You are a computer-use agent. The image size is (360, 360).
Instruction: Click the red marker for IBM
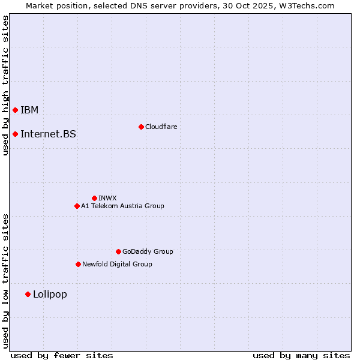click(15, 110)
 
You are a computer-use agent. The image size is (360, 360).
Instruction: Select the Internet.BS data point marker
click(15, 134)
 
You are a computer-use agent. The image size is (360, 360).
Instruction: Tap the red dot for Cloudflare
click(141, 127)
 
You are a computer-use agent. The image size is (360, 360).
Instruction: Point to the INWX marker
click(94, 198)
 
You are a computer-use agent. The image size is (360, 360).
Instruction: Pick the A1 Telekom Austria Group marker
click(77, 206)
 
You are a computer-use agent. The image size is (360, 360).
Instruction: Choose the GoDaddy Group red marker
click(118, 251)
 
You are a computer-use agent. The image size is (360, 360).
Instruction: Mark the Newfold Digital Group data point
click(78, 264)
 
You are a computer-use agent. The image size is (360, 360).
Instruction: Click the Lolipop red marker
click(28, 294)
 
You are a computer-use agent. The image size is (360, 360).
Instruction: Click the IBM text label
click(29, 110)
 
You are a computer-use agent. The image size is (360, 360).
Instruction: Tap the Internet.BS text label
click(48, 134)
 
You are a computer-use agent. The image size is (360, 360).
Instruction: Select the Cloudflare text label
click(161, 127)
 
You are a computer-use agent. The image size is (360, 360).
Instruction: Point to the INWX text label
click(107, 198)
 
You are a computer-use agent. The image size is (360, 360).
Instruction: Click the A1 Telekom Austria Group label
click(122, 206)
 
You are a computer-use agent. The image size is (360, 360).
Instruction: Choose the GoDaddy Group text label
click(148, 251)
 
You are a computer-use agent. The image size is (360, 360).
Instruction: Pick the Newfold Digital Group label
click(117, 264)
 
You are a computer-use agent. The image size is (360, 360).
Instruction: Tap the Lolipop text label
click(50, 294)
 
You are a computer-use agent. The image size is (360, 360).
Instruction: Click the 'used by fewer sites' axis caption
click(62, 355)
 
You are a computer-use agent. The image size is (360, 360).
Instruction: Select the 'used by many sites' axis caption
click(301, 355)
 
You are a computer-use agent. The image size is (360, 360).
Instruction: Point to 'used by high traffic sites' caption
click(5, 85)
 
